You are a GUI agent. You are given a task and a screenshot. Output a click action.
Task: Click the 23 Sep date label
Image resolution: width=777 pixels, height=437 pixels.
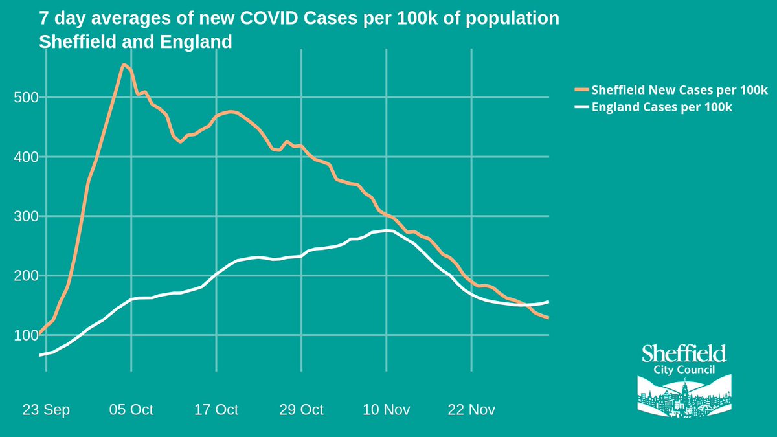point(46,410)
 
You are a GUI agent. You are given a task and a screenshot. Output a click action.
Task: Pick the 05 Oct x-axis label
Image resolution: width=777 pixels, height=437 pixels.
point(131,410)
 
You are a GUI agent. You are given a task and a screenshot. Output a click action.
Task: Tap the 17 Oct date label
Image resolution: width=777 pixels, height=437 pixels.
point(216,410)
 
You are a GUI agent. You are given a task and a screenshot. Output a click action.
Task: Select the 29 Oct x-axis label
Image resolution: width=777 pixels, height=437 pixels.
point(301,410)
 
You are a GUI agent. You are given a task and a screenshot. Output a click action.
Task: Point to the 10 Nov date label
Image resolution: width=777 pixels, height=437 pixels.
point(387,410)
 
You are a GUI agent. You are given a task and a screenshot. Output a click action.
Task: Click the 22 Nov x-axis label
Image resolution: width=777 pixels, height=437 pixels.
point(472,410)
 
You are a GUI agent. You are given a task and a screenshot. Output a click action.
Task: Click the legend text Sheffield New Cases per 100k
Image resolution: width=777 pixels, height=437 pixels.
point(679,90)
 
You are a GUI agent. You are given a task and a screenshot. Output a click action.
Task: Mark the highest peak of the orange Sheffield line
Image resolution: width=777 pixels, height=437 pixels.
point(123,64)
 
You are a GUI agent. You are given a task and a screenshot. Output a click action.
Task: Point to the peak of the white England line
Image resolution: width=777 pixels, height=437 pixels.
point(387,230)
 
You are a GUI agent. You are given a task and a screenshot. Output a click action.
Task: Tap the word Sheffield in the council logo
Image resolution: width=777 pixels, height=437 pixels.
point(684,353)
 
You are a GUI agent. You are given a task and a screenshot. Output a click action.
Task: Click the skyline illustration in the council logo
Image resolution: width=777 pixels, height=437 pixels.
point(684,397)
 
